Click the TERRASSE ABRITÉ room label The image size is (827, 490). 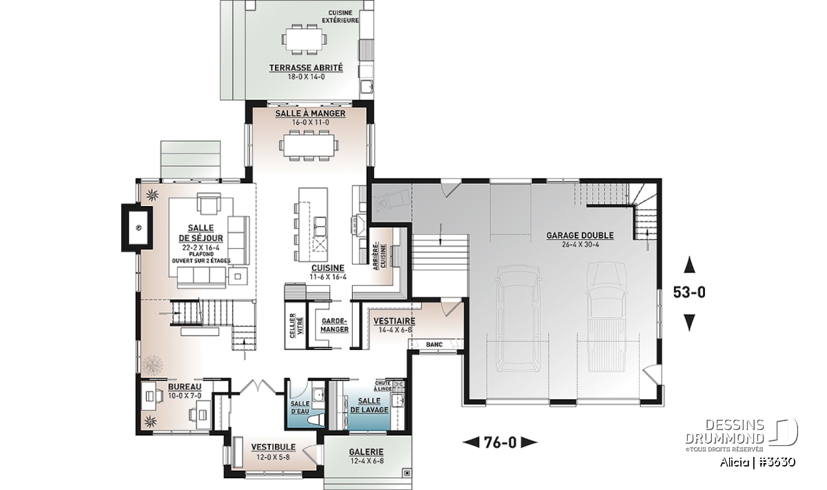coord(306,68)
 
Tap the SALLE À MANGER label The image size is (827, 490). coord(310,113)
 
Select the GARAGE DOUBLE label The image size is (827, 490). coord(580,235)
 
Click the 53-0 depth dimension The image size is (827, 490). coord(689,292)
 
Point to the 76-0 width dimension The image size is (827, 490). coord(500,442)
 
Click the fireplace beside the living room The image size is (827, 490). coord(137,227)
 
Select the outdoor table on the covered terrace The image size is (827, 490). coord(305,39)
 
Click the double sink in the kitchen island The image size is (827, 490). coord(320,226)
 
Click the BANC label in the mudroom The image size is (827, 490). coord(434,345)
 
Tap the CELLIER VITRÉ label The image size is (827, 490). coord(296,325)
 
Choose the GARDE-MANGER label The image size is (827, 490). coord(334,325)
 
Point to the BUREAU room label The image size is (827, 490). coord(185,387)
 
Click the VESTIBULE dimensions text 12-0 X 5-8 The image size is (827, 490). coord(273,457)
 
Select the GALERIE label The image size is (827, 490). coord(366,451)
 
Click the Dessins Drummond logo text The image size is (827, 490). coord(724,431)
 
